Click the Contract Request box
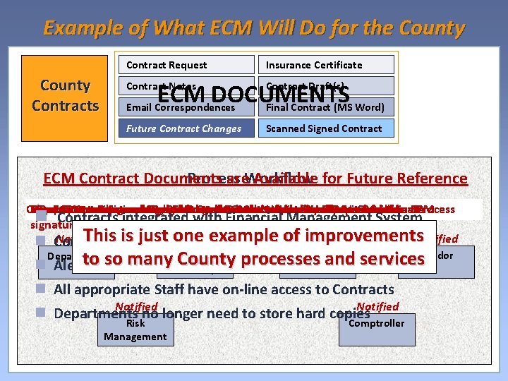coord(185,65)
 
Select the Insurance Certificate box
coord(325,65)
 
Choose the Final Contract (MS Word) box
coord(325,108)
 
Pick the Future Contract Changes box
coord(185,128)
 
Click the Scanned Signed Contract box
coord(325,128)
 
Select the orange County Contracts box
coord(65,96)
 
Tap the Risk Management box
coord(135,330)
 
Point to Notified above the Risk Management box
coord(137,307)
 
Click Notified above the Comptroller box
coord(378,306)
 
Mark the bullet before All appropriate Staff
coord(42,289)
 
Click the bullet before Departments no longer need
coord(42,312)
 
